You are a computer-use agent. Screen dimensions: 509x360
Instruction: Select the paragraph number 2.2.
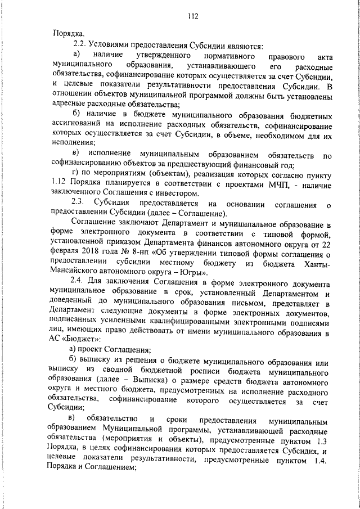click(78, 45)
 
